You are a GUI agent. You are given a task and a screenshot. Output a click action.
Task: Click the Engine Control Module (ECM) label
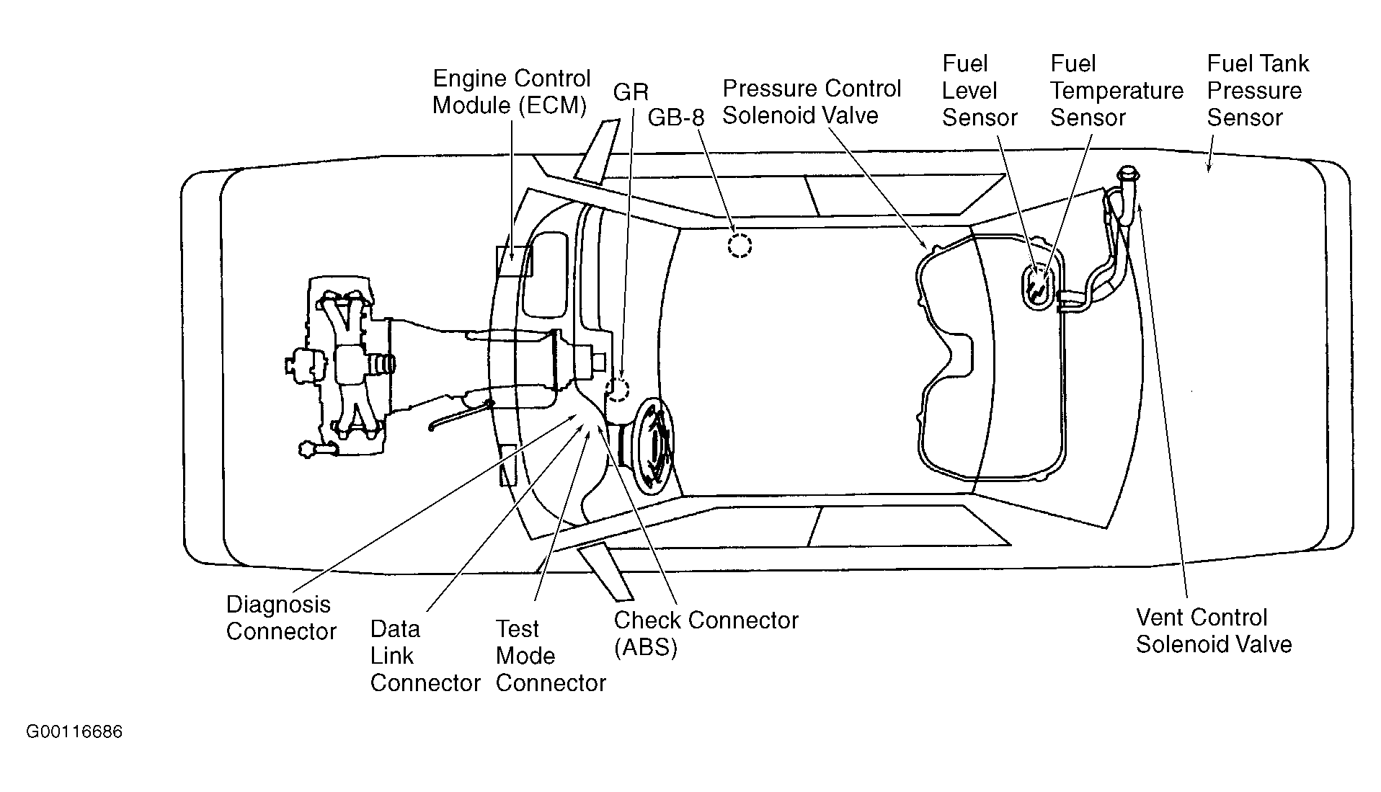(x=511, y=92)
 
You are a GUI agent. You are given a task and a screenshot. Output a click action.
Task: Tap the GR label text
(x=631, y=92)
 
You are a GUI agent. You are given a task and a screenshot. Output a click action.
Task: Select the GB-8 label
(x=675, y=117)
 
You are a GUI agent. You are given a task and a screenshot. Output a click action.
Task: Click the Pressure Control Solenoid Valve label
(x=812, y=102)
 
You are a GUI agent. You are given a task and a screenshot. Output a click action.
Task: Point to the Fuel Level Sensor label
(x=980, y=91)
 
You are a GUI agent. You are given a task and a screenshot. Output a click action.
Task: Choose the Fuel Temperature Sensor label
(x=1116, y=91)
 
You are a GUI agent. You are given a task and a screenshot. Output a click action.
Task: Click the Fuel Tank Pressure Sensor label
(x=1258, y=91)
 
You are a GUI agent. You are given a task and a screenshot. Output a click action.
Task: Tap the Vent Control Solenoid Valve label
(x=1214, y=631)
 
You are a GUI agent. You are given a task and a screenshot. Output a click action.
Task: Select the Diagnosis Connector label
(x=281, y=618)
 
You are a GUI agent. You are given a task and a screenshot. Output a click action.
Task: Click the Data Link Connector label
(x=425, y=656)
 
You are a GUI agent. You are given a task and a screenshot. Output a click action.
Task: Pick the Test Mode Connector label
(x=551, y=656)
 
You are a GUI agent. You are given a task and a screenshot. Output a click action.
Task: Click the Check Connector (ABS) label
(x=706, y=633)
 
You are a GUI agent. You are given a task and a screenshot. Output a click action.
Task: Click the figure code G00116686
(x=74, y=732)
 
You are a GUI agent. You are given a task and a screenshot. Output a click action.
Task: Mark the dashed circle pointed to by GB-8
(x=739, y=246)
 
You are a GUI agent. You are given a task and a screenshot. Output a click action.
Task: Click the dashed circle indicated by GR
(x=618, y=389)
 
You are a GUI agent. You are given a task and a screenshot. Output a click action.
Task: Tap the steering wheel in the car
(x=654, y=446)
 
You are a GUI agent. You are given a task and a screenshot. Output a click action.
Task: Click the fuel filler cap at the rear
(x=1127, y=174)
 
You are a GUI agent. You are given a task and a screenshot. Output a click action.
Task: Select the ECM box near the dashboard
(x=513, y=261)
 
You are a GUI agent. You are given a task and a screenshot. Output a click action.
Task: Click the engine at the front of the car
(x=339, y=366)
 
